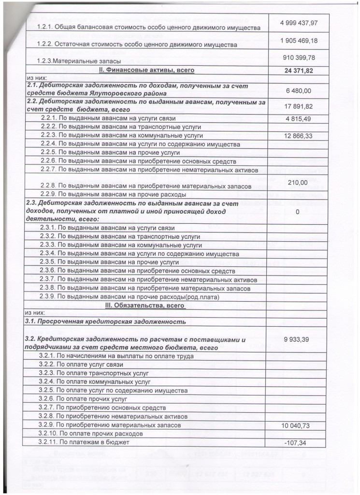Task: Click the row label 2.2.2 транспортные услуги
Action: (x=106, y=127)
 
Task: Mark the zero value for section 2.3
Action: (x=298, y=212)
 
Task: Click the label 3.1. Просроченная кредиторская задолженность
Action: (x=105, y=321)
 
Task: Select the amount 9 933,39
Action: (x=298, y=340)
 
